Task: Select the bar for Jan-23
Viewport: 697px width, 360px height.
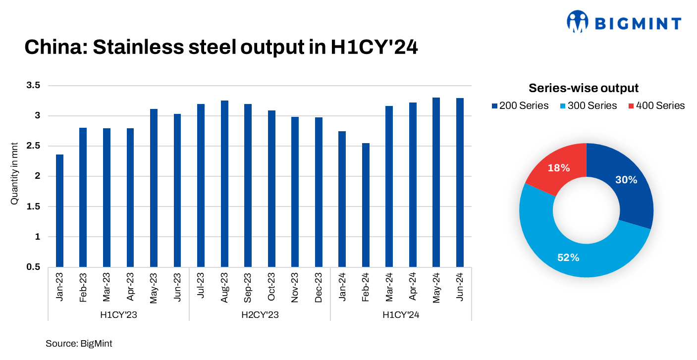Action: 59,210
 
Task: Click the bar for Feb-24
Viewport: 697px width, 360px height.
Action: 366,205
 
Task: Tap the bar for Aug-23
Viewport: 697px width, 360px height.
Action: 224,184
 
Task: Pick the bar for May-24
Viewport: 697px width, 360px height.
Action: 436,182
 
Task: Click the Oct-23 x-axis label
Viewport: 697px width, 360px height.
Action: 271,287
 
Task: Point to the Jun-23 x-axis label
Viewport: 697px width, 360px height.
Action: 177,287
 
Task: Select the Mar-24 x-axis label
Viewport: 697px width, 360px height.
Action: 389,287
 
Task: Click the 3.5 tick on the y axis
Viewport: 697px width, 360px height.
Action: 33,86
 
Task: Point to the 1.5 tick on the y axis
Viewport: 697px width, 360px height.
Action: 33,206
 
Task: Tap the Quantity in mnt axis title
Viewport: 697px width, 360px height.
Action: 14,177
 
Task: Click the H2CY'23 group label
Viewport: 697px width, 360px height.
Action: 260,314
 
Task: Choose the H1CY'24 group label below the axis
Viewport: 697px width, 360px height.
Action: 401,314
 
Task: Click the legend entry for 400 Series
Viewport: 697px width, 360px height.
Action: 656,105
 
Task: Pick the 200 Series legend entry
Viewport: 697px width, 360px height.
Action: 520,105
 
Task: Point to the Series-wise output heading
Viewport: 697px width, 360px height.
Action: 584,88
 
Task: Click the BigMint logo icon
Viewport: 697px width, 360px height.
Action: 577,22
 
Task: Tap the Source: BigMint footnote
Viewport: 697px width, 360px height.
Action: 79,343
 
